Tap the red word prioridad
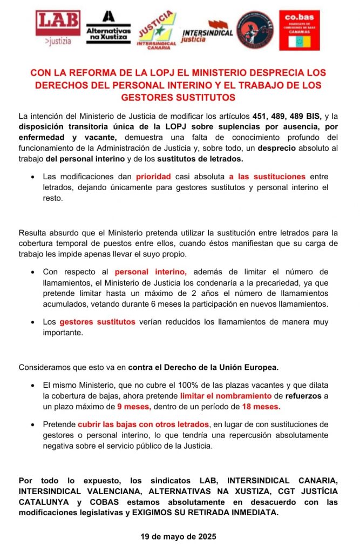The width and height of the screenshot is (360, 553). click(153, 177)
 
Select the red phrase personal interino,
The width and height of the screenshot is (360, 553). click(151, 272)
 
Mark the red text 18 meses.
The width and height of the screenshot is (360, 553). click(260, 406)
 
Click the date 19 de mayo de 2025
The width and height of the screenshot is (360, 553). click(179, 537)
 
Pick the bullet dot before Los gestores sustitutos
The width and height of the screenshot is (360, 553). click(33, 322)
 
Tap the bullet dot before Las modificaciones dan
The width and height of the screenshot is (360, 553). click(33, 177)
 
